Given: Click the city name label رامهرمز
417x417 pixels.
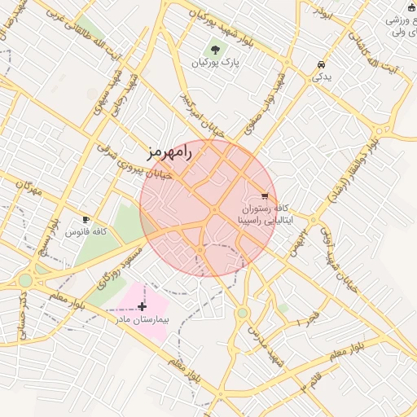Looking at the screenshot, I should (x=169, y=151).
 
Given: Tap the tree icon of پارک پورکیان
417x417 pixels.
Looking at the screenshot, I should (x=216, y=49).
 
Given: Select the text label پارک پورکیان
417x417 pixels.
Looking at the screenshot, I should (x=216, y=63).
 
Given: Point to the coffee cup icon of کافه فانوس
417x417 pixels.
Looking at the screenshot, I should (x=86, y=220).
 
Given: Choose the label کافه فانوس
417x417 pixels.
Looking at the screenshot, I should (x=86, y=233).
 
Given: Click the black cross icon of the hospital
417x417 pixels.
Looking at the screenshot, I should (x=143, y=306).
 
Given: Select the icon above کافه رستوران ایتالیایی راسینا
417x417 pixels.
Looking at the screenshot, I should (x=264, y=195).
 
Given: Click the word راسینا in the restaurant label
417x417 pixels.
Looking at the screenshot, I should (x=249, y=220).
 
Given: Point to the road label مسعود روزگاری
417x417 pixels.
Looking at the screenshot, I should (x=115, y=273).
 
